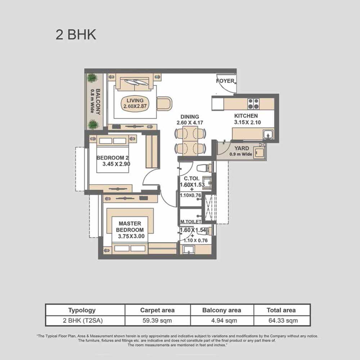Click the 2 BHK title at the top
pyautogui.click(x=76, y=35)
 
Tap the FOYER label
pyautogui.click(x=225, y=81)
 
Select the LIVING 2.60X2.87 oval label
pyautogui.click(x=135, y=103)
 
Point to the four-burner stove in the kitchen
pyautogui.click(x=253, y=104)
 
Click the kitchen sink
pyautogui.click(x=268, y=134)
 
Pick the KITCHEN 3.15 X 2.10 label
pyautogui.click(x=247, y=119)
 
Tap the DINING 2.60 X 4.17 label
pyautogui.click(x=190, y=120)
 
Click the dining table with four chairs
pyautogui.click(x=190, y=141)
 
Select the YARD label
pyautogui.click(x=242, y=148)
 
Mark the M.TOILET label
pyautogui.click(x=191, y=222)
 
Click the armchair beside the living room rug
pyautogui.click(x=164, y=104)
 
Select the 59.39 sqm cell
pyautogui.click(x=157, y=320)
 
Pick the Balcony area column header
pyautogui.click(x=221, y=310)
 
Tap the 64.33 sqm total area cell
pyautogui.click(x=283, y=320)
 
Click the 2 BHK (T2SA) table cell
pyautogui.click(x=83, y=320)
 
